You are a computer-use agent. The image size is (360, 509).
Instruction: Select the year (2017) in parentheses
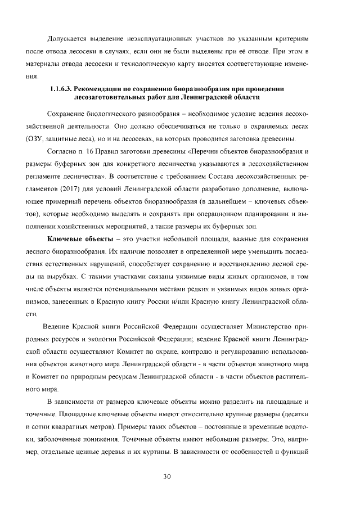(80, 188)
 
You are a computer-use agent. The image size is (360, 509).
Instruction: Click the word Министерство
(273, 327)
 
